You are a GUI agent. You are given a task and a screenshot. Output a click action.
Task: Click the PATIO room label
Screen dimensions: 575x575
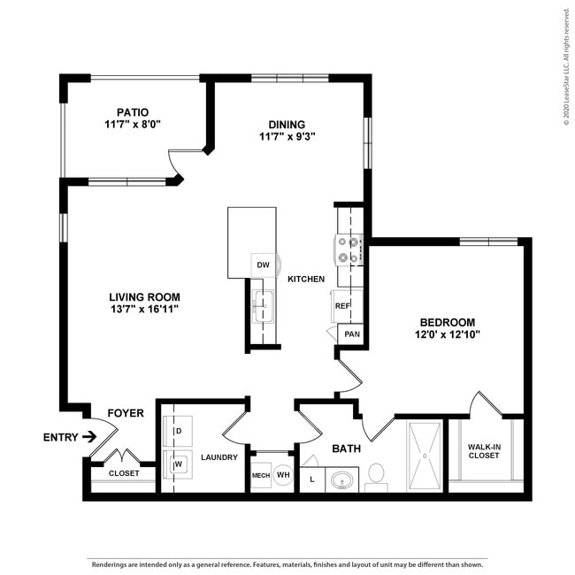[132, 112]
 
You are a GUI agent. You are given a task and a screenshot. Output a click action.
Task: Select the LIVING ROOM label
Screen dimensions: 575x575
[145, 297]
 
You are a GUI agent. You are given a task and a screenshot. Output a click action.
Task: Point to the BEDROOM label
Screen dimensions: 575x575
[447, 322]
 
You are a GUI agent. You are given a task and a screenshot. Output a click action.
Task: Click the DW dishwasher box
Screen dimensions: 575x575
[263, 264]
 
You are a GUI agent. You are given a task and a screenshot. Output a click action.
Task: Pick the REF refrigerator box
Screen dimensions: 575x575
[342, 305]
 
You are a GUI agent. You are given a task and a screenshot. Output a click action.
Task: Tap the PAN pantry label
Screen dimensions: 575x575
[352, 333]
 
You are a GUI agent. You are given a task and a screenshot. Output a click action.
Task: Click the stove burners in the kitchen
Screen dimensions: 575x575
[349, 249]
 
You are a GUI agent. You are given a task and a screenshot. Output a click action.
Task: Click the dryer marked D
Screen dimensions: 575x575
[178, 431]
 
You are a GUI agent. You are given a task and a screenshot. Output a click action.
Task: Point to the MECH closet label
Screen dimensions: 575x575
[260, 475]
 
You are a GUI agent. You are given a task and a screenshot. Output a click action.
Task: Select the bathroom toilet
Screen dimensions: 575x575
[377, 475]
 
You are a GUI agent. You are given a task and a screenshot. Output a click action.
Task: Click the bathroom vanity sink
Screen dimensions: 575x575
[341, 480]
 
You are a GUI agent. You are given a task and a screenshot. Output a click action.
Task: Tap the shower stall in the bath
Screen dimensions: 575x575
[425, 456]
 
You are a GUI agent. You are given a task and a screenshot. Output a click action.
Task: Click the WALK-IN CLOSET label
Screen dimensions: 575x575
[484, 450]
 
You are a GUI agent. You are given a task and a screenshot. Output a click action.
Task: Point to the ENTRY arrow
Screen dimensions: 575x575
[88, 436]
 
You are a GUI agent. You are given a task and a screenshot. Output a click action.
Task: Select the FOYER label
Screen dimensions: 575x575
[126, 413]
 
